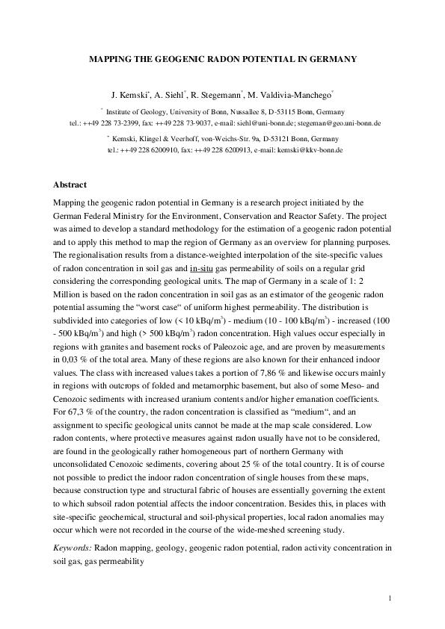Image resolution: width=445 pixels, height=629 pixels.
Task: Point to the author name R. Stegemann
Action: (x=221, y=96)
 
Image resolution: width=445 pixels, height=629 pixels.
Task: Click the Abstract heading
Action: (x=71, y=185)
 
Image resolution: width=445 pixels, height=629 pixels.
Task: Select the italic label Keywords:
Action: (x=73, y=548)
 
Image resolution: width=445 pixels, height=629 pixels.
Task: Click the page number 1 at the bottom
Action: (x=390, y=599)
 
